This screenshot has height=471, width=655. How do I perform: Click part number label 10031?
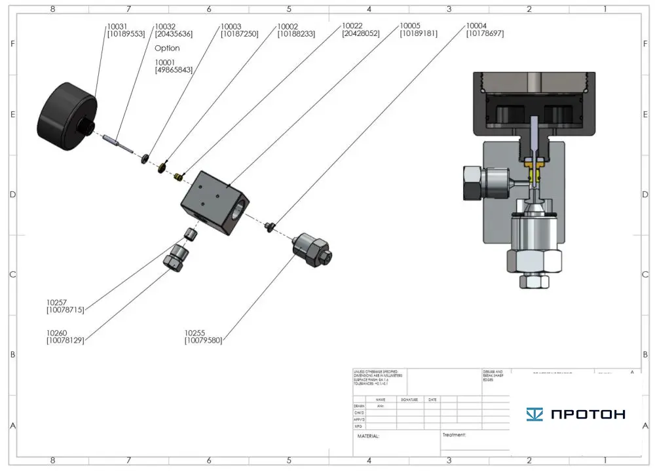(117, 27)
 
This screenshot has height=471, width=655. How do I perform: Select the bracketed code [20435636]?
(174, 34)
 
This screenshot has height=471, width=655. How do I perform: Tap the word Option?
(167, 48)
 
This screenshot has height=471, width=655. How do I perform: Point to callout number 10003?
(231, 27)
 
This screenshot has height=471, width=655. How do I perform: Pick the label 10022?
(354, 26)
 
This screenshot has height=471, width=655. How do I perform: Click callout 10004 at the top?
(477, 26)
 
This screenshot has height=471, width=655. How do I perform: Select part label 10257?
(57, 302)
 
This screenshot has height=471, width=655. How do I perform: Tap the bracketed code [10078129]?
(65, 341)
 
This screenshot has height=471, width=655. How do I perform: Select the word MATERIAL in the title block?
(368, 436)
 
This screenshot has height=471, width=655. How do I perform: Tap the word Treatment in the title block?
(454, 434)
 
